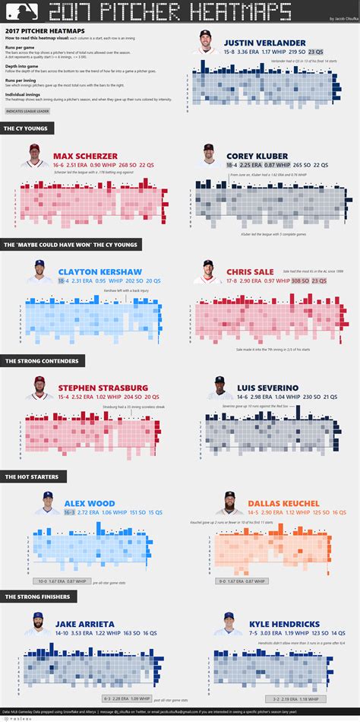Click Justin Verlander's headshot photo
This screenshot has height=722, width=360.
[x=207, y=41]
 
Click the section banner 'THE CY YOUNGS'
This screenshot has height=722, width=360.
[x=27, y=129]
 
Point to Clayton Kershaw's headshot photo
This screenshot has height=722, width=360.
[x=38, y=272]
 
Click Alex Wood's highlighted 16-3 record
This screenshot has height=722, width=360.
[x=69, y=512]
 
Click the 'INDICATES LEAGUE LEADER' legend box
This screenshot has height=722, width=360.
[x=28, y=110]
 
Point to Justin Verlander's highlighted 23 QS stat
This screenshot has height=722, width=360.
[x=315, y=52]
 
